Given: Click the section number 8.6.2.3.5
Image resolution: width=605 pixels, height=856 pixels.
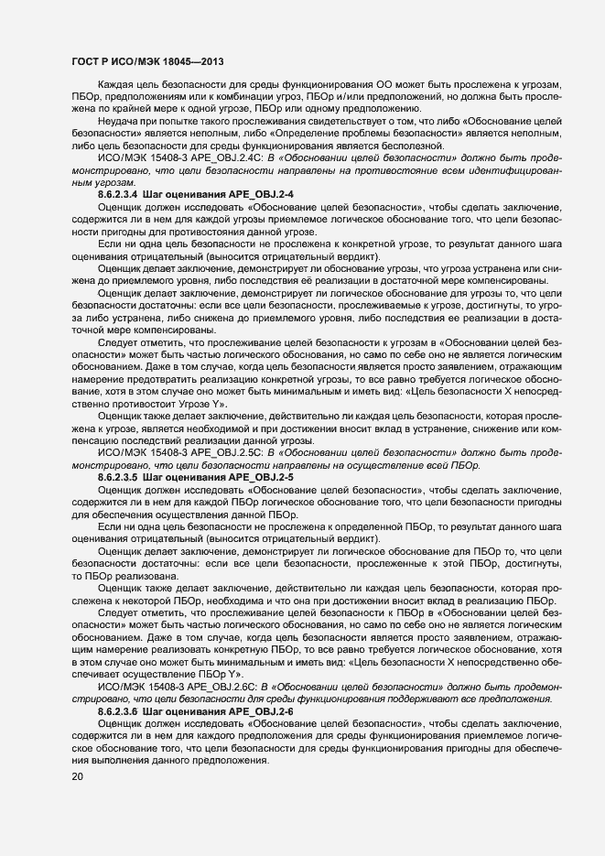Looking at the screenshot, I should [x=117, y=478].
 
